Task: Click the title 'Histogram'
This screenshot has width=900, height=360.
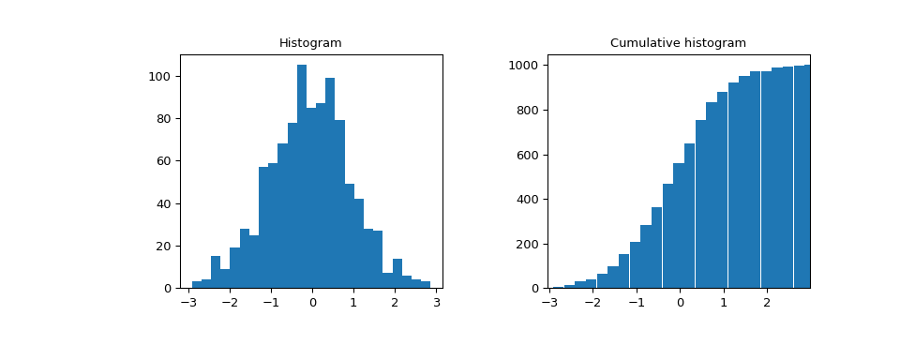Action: click(310, 43)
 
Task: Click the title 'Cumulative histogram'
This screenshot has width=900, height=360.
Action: click(678, 43)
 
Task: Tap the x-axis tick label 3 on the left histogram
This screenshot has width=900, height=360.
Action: click(437, 303)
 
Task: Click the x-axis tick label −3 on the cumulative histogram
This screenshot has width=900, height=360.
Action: click(548, 303)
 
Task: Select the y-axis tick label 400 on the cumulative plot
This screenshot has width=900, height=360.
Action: click(526, 200)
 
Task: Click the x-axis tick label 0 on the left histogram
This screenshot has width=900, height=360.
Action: click(313, 303)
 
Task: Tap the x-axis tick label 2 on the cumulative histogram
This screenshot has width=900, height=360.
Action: click(767, 303)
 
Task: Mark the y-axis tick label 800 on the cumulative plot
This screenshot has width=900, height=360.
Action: click(526, 111)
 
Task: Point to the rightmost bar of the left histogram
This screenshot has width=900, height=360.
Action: click(426, 285)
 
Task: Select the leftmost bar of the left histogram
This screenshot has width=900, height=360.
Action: click(197, 285)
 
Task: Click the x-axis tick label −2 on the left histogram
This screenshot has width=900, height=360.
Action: click(228, 303)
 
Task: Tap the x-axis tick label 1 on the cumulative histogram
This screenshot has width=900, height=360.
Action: click(723, 303)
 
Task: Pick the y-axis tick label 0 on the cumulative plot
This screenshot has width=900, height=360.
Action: click(536, 289)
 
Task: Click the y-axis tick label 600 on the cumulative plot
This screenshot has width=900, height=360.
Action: click(526, 155)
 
